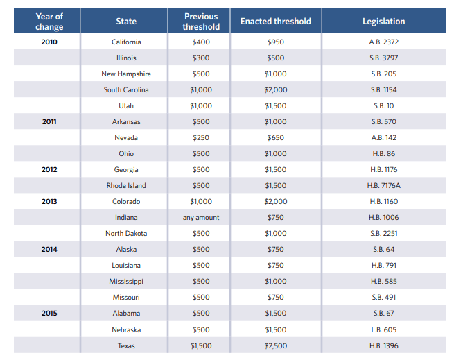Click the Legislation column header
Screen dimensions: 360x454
[x=383, y=22]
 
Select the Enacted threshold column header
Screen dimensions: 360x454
[x=275, y=22]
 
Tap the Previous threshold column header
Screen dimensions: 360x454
[x=201, y=22]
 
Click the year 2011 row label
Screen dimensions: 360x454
[x=49, y=122]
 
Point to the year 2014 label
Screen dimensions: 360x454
[x=49, y=250]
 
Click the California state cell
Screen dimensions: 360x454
[x=126, y=42]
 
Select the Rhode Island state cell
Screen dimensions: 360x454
[x=126, y=186]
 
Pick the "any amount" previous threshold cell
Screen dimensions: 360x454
[x=201, y=218]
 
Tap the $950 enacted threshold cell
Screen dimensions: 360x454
[x=275, y=42]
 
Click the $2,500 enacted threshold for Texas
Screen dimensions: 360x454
[x=275, y=345]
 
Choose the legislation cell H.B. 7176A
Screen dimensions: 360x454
[x=383, y=186]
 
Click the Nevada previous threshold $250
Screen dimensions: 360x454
[x=201, y=138]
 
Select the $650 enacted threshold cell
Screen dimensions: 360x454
[x=275, y=138]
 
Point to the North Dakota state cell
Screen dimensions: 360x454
[x=126, y=234]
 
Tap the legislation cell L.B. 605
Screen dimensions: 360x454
[x=383, y=329]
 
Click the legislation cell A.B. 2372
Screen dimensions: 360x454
[x=383, y=42]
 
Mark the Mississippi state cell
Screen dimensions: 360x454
[x=126, y=282]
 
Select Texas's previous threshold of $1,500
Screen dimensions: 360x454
[x=201, y=345]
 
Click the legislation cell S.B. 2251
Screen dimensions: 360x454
[x=383, y=234]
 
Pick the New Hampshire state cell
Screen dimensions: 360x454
[x=126, y=74]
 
